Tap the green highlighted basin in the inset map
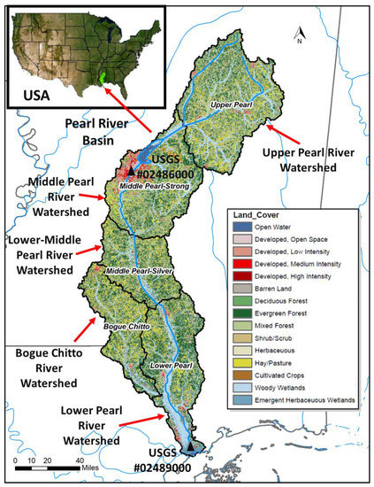pos(104,78)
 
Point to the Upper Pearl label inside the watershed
pos(233,106)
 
